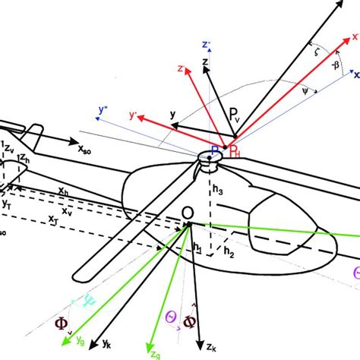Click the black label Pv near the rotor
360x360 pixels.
(238, 115)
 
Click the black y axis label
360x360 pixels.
(173, 114)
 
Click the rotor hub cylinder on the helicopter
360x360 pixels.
(207, 158)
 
